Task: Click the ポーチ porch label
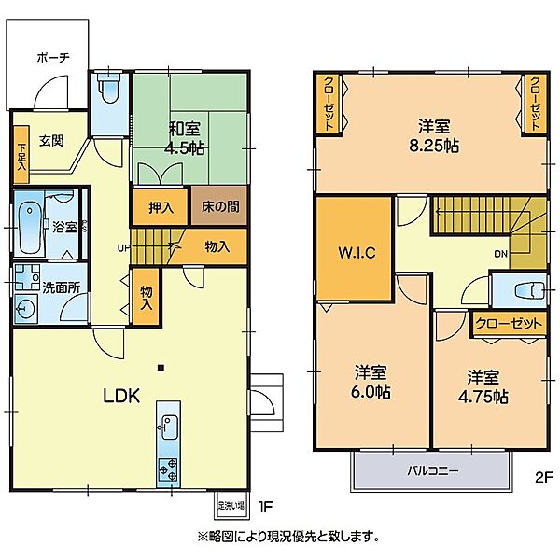[x=53, y=57]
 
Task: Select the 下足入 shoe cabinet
[x=21, y=156]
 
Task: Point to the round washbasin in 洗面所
[x=25, y=309]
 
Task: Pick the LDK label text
[x=120, y=395]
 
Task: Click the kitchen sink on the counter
[x=169, y=428]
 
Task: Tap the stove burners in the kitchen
[x=169, y=468]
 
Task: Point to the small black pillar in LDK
[x=161, y=366]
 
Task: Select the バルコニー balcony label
[x=431, y=471]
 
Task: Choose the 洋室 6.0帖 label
[x=371, y=381]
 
